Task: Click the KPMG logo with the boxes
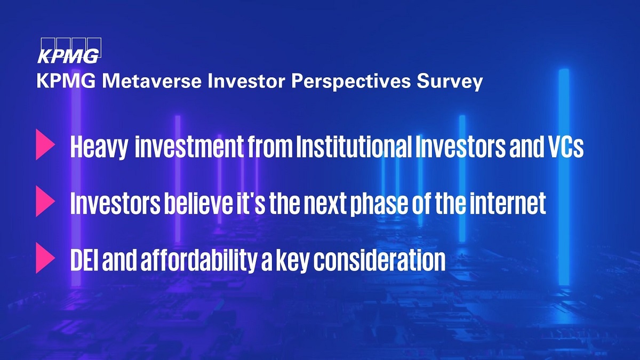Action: click(69, 50)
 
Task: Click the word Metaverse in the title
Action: click(151, 81)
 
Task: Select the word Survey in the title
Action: click(450, 82)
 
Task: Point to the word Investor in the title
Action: click(246, 81)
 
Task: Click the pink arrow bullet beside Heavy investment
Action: click(45, 145)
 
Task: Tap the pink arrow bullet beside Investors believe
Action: click(45, 201)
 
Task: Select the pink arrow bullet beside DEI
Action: click(45, 258)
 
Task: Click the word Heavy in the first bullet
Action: click(99, 147)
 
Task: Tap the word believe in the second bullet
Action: click(198, 203)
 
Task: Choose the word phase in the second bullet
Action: click(379, 204)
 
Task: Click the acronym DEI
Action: click(84, 260)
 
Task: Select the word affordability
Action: click(199, 261)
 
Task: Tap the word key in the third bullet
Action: click(289, 261)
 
